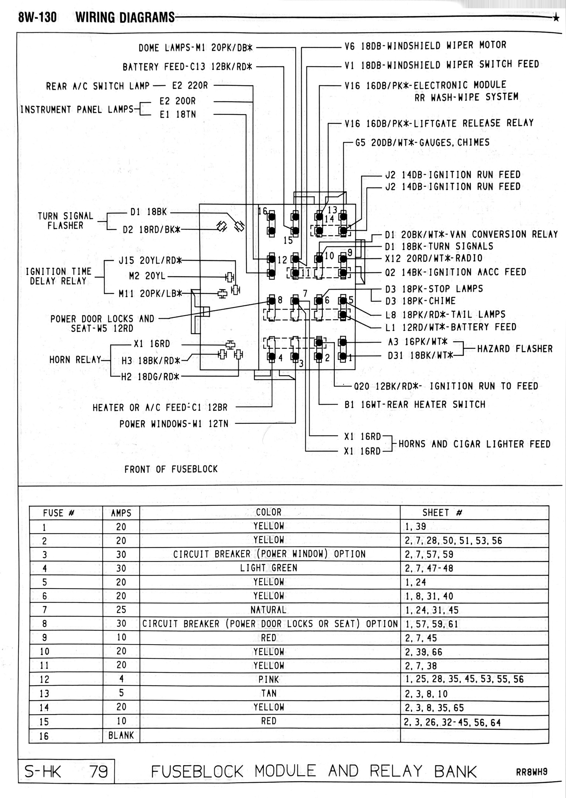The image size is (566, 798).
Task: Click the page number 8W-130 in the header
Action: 37,17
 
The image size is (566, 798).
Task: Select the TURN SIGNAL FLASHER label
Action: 65,221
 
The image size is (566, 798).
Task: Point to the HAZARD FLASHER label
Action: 515,349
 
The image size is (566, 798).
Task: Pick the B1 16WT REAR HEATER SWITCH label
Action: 415,405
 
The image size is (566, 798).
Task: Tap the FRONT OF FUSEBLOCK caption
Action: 171,469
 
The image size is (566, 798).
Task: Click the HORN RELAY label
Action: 75,359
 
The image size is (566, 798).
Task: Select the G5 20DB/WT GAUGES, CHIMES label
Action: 422,143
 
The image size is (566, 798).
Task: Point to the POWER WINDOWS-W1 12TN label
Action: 174,424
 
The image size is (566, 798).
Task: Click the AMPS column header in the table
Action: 121,513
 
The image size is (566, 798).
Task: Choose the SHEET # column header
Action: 442,512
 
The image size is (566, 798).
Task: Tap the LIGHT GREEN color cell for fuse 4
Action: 269,568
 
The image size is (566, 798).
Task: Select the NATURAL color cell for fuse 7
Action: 269,610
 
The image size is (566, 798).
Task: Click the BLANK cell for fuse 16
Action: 121,736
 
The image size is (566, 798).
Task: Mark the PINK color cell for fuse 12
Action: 269,679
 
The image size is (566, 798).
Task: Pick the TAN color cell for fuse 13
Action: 269,693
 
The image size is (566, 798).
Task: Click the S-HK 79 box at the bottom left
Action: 67,772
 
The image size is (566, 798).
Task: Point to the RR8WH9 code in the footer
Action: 532,773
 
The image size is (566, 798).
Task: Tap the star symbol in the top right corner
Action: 556,17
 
